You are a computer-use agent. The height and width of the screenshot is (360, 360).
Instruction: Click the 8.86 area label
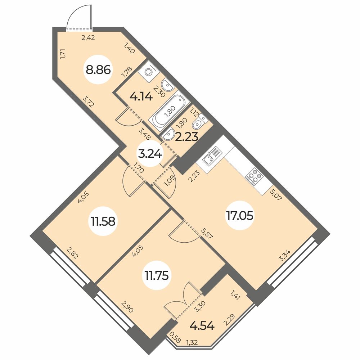pos(98,69)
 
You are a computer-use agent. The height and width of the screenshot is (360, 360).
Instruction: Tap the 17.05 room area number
pos(240,216)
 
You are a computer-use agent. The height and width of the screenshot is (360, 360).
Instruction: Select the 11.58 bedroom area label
pos(103,221)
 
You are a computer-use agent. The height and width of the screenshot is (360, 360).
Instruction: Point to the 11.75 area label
pos(157,275)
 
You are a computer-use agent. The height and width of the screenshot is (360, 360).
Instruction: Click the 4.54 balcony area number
pos(202,325)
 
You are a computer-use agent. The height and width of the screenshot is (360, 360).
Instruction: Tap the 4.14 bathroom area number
pos(141,96)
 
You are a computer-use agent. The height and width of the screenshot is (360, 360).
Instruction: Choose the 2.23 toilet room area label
pos(186,137)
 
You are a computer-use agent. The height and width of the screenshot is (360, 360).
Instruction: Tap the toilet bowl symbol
pos(199,121)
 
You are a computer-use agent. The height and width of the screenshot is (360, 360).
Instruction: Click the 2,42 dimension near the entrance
pos(88,37)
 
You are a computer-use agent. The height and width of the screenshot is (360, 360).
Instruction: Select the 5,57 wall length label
pos(207,233)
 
